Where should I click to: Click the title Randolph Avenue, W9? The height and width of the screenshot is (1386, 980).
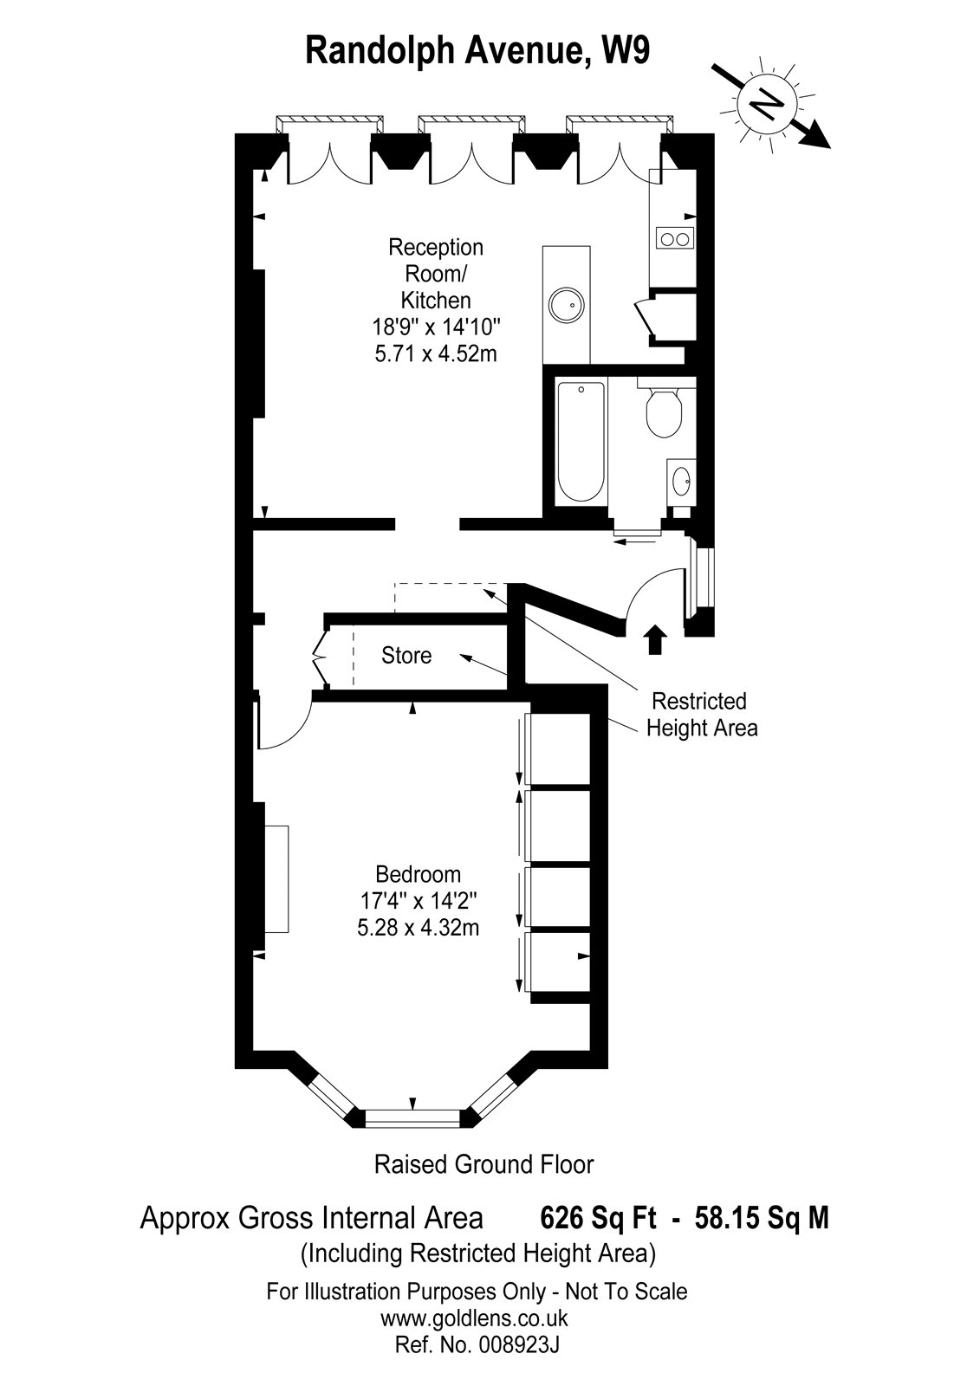tap(477, 51)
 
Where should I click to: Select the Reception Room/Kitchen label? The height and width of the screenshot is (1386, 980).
tap(436, 274)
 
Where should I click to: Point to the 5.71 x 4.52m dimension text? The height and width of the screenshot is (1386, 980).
tap(436, 354)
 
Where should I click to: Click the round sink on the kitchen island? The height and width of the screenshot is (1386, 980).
tap(566, 304)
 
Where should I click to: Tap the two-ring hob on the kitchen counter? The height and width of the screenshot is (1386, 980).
tap(674, 237)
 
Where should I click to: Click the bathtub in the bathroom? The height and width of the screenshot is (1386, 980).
tap(581, 442)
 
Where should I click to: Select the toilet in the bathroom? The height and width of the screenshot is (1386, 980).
tap(664, 411)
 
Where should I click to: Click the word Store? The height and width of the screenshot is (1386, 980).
tap(406, 655)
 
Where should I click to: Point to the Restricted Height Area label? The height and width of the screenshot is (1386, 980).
tap(702, 714)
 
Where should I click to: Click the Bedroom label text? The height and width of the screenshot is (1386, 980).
tap(418, 874)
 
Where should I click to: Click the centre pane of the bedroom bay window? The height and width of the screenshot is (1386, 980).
tap(413, 1118)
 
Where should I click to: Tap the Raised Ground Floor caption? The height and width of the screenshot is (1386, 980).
tap(484, 1165)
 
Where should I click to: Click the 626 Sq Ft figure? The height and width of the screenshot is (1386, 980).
tap(598, 1218)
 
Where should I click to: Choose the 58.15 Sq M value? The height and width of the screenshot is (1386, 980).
tap(762, 1218)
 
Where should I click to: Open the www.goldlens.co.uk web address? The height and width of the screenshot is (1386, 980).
tap(474, 1318)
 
